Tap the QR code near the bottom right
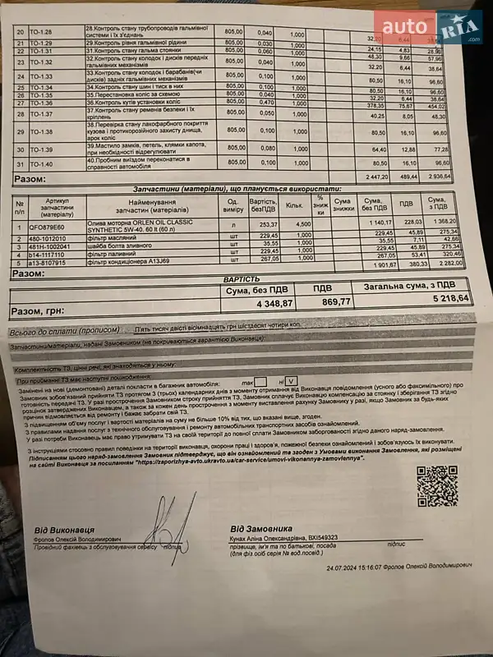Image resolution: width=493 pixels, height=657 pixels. pos(436,485)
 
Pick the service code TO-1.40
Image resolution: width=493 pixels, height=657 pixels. pos(40,164)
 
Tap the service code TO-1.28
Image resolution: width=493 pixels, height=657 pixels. pos(40,32)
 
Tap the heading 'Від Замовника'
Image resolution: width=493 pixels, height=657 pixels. pos(261,527)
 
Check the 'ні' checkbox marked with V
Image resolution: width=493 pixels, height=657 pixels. pos(292,381)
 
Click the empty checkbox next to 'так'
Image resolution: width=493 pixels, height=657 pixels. pos(260,381)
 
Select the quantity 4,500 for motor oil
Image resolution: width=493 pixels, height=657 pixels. pos(302,223)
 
